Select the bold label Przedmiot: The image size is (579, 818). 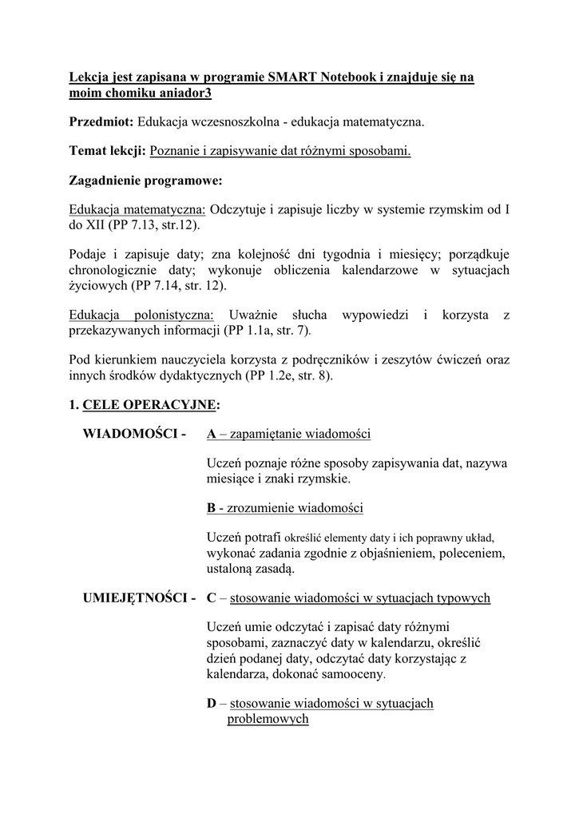click(101, 122)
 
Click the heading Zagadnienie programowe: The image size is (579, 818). click(145, 180)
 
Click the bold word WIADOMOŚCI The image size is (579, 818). click(130, 435)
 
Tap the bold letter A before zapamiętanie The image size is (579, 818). click(211, 435)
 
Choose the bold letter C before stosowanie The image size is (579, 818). click(212, 598)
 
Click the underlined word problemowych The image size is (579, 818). click(268, 719)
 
